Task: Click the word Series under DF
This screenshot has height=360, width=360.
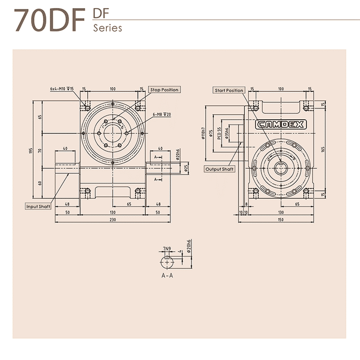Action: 108,28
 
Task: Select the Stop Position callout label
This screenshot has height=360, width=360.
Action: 164,90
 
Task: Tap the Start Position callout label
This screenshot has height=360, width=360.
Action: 229,90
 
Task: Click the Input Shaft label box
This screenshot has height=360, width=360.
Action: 38,206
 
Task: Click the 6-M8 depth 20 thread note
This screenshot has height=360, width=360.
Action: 162,115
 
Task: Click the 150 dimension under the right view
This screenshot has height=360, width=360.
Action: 281,220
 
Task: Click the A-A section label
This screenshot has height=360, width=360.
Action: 167,275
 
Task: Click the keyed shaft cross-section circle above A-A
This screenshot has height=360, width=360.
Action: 167,262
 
